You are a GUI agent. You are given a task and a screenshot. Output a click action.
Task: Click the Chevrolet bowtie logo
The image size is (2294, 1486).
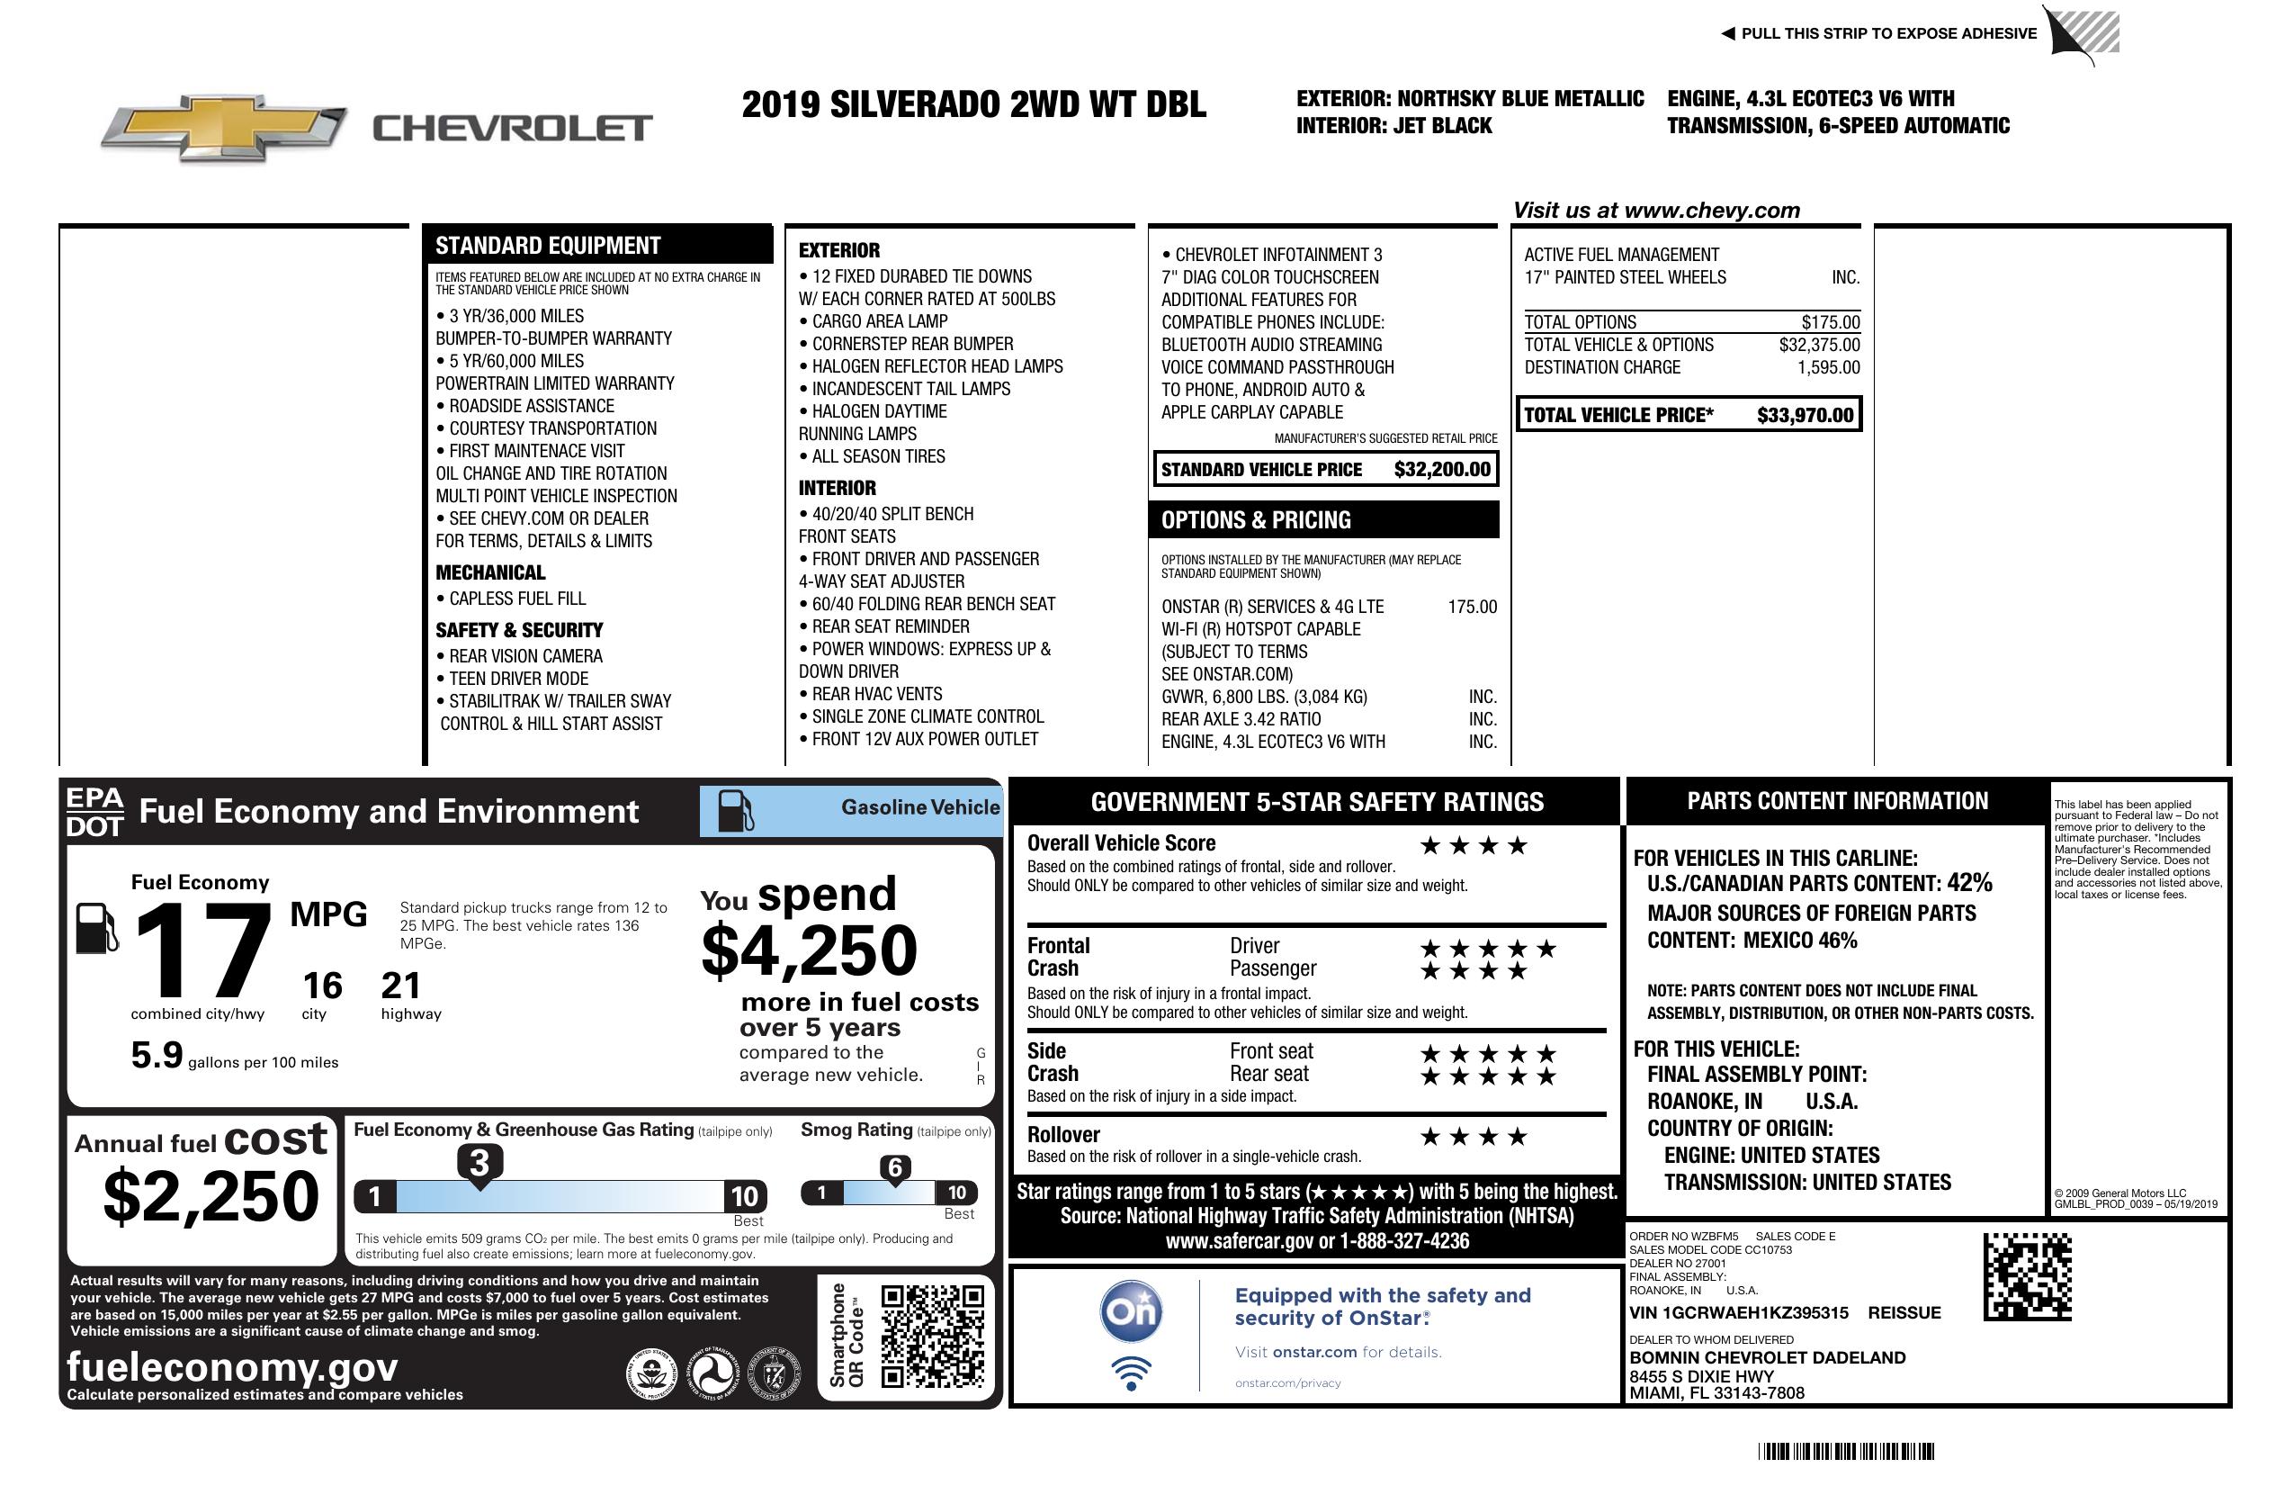[223, 128]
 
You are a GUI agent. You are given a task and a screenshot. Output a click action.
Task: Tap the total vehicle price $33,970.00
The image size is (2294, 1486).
[1804, 416]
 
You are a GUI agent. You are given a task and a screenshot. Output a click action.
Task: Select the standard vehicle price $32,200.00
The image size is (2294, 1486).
[1442, 470]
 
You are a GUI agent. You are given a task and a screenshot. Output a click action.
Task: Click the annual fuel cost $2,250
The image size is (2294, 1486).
[211, 1196]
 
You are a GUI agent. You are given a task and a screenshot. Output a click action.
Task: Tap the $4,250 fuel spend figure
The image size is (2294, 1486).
[809, 950]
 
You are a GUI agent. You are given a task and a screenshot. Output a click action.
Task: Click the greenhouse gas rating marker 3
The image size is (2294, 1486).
[479, 1164]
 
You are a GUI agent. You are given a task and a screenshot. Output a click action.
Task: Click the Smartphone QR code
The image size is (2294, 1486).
[932, 1336]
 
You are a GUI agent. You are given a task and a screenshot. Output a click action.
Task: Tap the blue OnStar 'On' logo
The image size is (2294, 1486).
[1132, 1311]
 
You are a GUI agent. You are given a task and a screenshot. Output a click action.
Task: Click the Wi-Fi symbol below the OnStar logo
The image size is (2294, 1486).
[1131, 1373]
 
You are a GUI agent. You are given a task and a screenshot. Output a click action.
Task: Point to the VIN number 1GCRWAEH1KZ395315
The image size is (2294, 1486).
[1739, 1312]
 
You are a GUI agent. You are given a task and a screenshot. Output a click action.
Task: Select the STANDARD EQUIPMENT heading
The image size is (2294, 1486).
[548, 246]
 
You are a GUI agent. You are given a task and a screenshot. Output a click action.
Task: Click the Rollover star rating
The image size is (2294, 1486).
[1474, 1137]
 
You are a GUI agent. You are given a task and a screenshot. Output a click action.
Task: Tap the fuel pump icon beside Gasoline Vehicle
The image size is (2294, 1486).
[737, 811]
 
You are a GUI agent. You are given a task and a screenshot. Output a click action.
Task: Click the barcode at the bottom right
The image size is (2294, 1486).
[1846, 1451]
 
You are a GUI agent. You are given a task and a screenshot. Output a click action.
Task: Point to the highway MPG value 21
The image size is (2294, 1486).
[400, 986]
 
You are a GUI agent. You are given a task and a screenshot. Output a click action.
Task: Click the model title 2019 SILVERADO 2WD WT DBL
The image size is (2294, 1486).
[973, 104]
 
